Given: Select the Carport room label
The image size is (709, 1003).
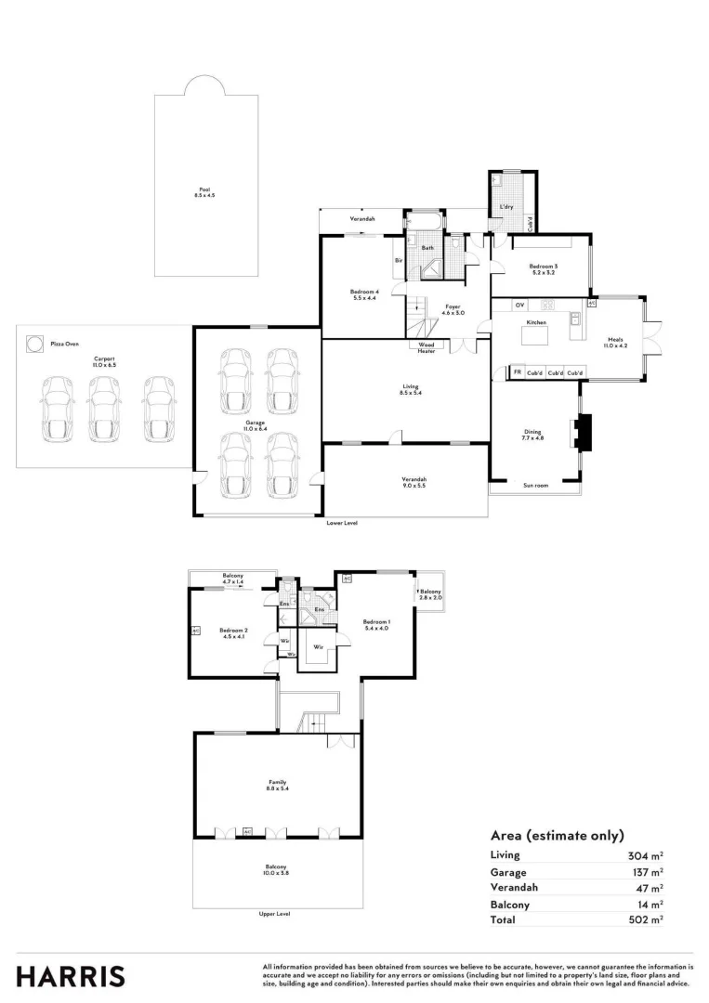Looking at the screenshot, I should click(x=103, y=360).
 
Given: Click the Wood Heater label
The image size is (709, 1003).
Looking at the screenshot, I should click(x=427, y=347).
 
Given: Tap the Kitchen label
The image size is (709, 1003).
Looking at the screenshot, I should click(x=536, y=321).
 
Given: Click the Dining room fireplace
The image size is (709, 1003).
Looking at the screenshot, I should click(x=582, y=433).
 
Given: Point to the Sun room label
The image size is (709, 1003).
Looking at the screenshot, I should click(x=535, y=485).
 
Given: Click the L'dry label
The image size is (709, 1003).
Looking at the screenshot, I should click(x=506, y=206).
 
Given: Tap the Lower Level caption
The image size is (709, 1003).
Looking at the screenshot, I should click(x=341, y=523).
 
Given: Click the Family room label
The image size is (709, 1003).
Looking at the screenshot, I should click(x=278, y=785).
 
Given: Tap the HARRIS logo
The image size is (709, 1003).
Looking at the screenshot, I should click(x=71, y=976).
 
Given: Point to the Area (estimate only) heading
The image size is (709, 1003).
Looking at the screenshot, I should click(x=557, y=835).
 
